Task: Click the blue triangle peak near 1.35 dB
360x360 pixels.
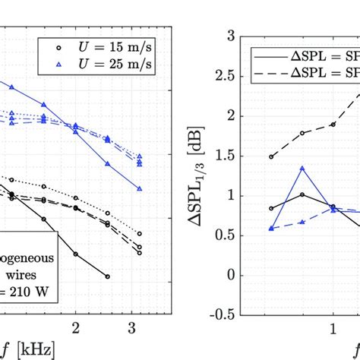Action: click(x=302, y=169)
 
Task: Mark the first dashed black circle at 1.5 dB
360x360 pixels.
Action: click(x=272, y=156)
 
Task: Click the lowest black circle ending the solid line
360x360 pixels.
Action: click(x=107, y=276)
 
